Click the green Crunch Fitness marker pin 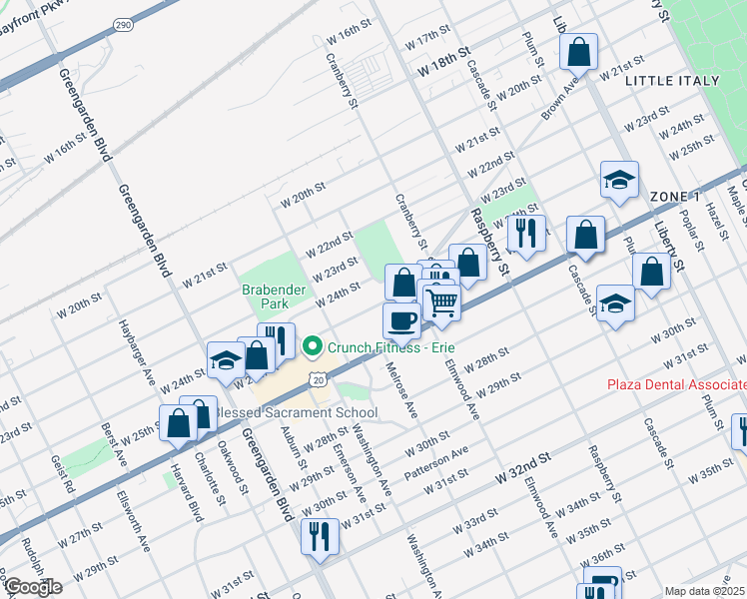click(314, 347)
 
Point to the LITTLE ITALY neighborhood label click(672, 81)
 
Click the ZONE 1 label click(675, 196)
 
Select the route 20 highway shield click(317, 379)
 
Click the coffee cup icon click(401, 320)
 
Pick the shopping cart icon click(441, 301)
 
